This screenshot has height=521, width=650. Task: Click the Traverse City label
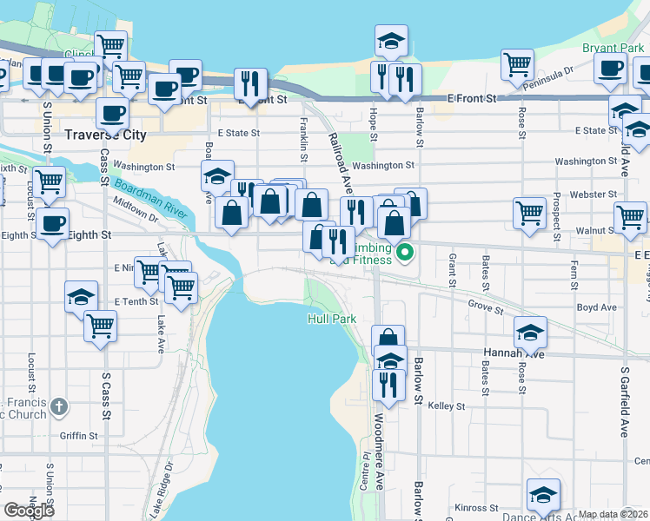pos(106,135)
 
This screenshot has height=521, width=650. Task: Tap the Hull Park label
pos(332,320)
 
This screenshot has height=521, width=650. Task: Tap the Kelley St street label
pos(447,406)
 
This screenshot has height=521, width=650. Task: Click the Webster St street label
pos(598,194)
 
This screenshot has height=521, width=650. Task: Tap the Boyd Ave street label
pos(596,307)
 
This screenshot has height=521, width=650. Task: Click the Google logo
pos(29,510)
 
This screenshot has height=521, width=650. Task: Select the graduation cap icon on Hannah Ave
pos(530,332)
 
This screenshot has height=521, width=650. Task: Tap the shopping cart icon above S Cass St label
pos(101,326)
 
